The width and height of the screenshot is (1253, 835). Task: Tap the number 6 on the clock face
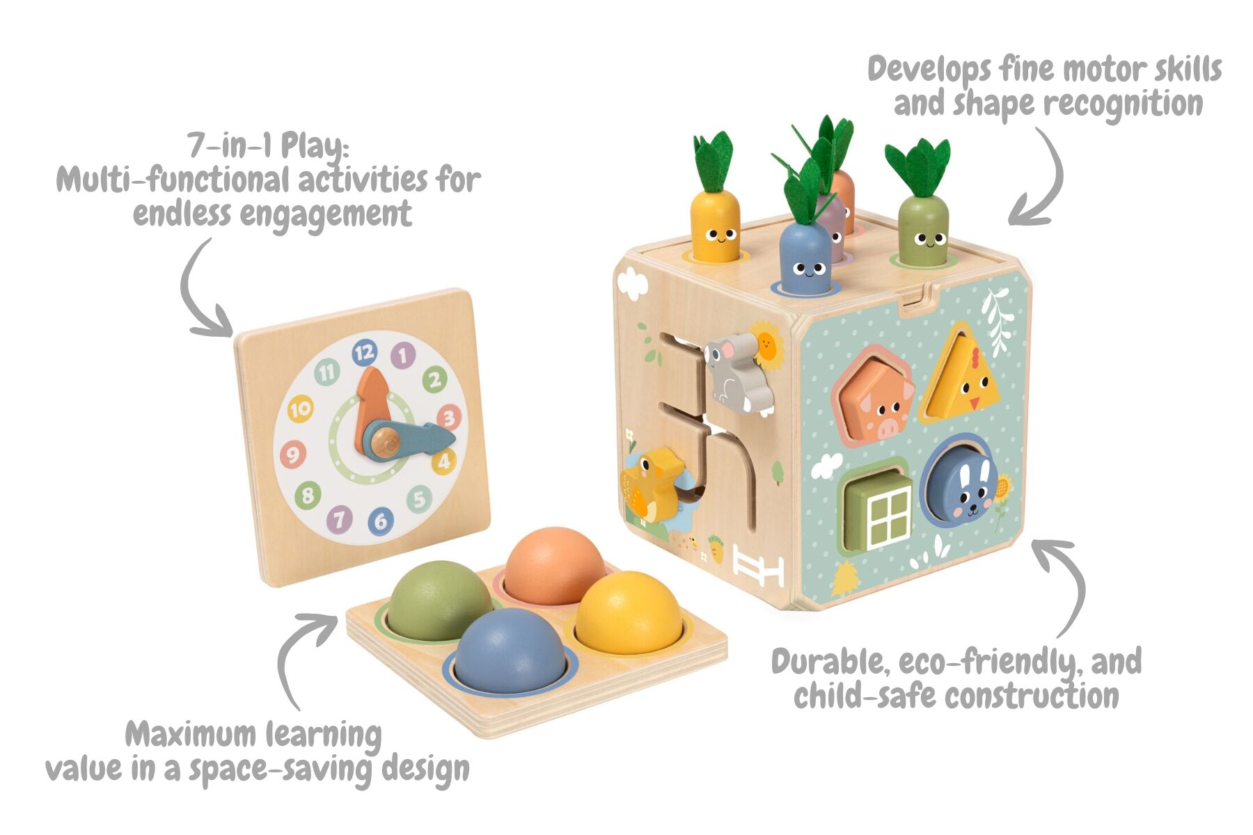pos(380,520)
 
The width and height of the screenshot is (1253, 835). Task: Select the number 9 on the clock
pos(293,455)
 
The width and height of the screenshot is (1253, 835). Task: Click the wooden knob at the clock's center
pos(384,441)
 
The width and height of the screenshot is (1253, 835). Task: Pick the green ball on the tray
pos(440,601)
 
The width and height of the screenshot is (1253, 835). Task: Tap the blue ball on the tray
pos(510,651)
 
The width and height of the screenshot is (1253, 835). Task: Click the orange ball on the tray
pos(555,566)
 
